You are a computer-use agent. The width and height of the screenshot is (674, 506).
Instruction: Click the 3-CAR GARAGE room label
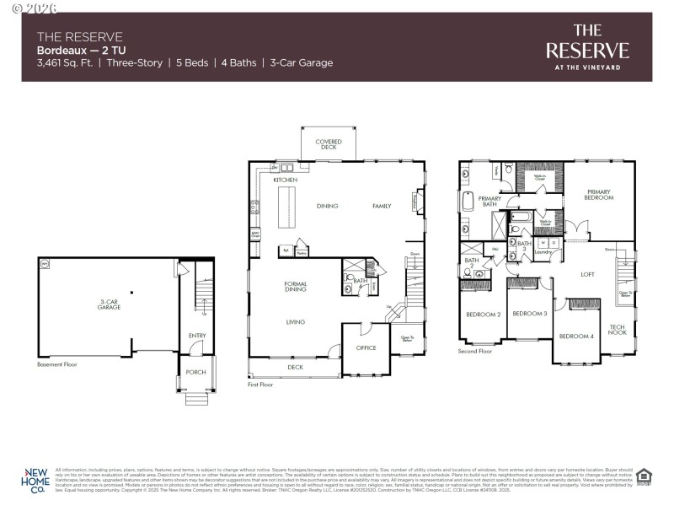click(109, 304)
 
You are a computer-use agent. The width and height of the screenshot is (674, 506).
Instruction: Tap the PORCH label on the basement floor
click(195, 372)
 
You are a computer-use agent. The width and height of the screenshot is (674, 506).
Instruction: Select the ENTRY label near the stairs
click(197, 336)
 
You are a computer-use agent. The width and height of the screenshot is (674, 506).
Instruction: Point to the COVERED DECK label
click(329, 144)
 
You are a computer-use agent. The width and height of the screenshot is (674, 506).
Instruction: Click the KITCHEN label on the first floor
click(285, 180)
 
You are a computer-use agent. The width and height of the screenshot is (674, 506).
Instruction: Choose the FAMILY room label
click(383, 206)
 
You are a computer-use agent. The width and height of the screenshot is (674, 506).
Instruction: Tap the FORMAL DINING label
click(295, 287)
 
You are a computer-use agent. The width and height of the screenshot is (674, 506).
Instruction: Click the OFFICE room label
click(366, 347)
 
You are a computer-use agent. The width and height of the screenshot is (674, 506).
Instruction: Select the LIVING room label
click(295, 321)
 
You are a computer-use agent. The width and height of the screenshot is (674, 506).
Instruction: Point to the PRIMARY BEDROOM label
click(600, 195)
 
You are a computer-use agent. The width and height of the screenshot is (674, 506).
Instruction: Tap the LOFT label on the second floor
click(588, 274)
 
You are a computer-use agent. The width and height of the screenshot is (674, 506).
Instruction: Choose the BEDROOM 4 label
click(576, 336)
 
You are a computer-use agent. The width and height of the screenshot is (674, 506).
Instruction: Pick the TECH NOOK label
click(618, 331)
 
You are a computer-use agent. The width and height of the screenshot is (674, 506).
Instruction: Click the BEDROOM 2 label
click(484, 315)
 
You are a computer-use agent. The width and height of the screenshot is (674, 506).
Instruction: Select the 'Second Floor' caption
click(475, 351)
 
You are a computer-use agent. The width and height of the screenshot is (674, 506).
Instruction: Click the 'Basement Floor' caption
click(57, 365)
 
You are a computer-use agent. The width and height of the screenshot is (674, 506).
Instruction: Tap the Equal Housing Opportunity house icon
click(645, 477)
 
